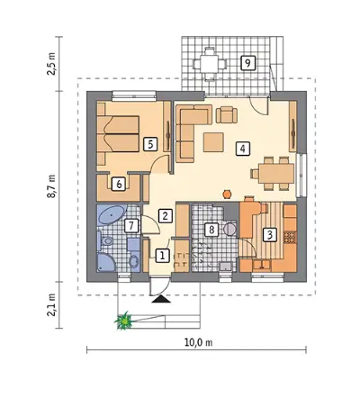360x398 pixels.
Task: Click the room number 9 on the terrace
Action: (247, 63)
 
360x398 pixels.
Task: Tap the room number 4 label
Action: (243, 149)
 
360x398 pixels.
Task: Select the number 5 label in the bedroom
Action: (150, 144)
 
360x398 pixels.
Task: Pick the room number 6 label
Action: (119, 184)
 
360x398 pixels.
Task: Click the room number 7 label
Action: (130, 226)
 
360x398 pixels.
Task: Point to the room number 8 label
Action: (211, 230)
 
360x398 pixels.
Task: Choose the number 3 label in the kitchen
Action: (270, 235)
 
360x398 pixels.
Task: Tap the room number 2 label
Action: (166, 215)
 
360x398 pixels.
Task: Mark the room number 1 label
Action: (162, 256)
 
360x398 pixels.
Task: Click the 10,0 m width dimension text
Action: (198, 342)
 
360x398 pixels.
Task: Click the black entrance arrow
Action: (161, 299)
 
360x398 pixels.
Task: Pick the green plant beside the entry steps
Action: (123, 321)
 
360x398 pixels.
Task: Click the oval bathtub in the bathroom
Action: (112, 215)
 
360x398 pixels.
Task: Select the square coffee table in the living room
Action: (213, 142)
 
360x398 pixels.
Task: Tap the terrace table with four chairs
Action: (210, 64)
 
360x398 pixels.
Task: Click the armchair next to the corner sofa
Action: (227, 115)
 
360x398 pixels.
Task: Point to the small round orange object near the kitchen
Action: (228, 194)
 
